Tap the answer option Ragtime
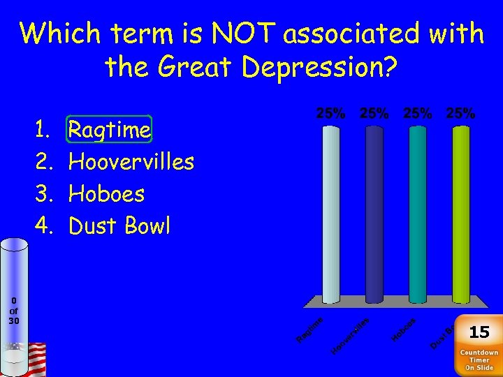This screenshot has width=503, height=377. [x=109, y=130]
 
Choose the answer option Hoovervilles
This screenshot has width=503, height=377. [x=131, y=162]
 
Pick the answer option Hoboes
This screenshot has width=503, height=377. [x=106, y=194]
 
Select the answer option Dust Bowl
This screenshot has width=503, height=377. [x=119, y=226]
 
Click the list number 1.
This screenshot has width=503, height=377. [x=41, y=130]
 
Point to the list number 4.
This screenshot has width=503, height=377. [x=41, y=226]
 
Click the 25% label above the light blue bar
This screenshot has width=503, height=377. [x=331, y=113]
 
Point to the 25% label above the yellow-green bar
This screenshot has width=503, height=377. [x=460, y=113]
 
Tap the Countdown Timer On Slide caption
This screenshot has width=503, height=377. [x=479, y=360]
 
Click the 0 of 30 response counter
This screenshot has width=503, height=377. [x=14, y=311]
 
